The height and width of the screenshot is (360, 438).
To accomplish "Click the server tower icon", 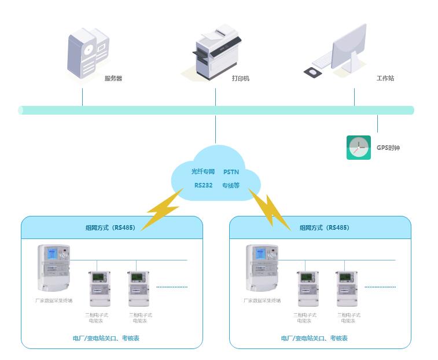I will pos(88,53).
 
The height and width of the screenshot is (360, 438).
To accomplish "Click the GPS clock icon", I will pos(358,148).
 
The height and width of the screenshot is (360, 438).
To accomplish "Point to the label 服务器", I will pos(113,78).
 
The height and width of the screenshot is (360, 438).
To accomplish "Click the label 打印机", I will pos(240,78).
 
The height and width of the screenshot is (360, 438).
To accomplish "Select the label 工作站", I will pos(385,78).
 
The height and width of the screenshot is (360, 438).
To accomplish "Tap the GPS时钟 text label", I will pos(388,148).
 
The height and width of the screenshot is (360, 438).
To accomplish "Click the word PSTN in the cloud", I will pos(231,172).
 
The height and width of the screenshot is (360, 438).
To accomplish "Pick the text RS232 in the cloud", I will pos(204,186).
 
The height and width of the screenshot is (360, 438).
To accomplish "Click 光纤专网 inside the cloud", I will pos(203,172).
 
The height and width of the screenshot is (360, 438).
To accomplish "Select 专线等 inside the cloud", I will pos(231,186).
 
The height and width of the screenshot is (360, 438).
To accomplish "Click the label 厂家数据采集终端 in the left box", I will pos(53,301).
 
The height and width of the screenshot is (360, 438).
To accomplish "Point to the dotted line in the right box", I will pos(380,286).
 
